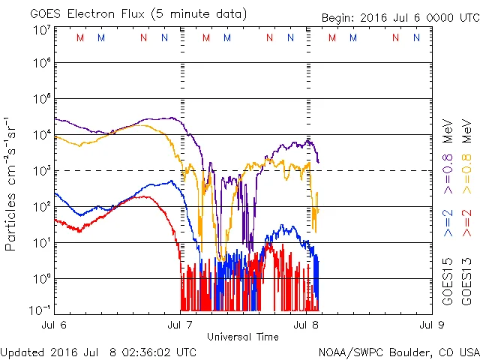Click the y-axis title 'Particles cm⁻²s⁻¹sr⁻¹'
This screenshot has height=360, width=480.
coord(13,184)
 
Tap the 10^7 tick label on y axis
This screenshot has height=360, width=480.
coord(40,30)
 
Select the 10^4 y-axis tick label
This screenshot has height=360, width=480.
coord(40,135)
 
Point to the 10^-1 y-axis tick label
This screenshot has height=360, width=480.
coord(40,310)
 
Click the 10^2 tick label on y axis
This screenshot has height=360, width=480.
coord(40,206)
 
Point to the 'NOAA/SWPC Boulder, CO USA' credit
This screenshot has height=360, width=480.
coord(398,352)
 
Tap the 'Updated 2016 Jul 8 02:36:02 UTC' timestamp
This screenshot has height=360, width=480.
coord(98,352)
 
